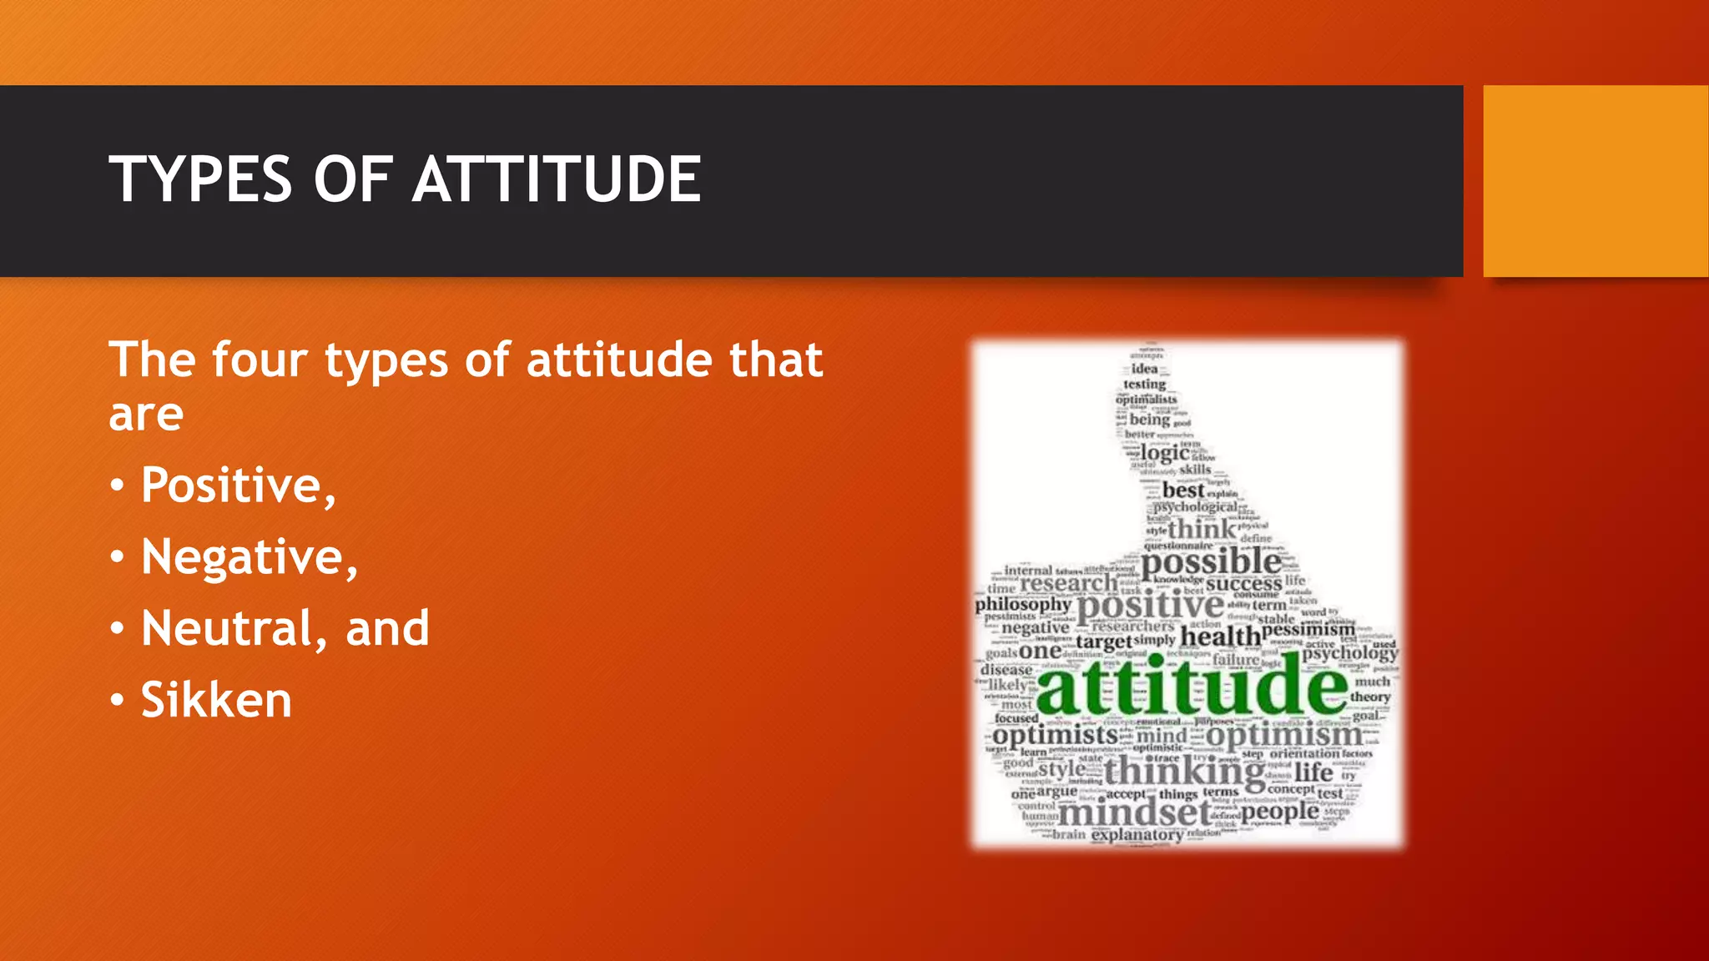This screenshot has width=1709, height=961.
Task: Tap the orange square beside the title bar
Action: (x=1596, y=180)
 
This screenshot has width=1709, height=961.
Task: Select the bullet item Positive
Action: (x=238, y=485)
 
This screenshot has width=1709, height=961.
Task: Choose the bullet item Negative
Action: (x=249, y=556)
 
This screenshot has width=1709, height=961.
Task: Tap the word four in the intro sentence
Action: (x=260, y=360)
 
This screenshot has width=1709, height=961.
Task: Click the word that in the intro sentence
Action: (x=776, y=360)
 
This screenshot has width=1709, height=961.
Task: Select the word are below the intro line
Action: (x=146, y=415)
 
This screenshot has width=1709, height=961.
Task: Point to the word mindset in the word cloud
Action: (x=1135, y=812)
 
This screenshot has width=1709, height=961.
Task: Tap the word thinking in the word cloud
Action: (x=1184, y=772)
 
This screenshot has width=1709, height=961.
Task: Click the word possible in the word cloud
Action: (x=1211, y=563)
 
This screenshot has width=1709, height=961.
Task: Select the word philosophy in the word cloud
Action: (x=1023, y=604)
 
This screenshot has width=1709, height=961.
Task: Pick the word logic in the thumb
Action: (x=1165, y=453)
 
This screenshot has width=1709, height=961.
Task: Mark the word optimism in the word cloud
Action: (x=1283, y=736)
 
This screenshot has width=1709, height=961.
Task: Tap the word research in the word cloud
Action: (x=1068, y=583)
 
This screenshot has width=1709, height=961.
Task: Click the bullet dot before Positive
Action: (x=118, y=486)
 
